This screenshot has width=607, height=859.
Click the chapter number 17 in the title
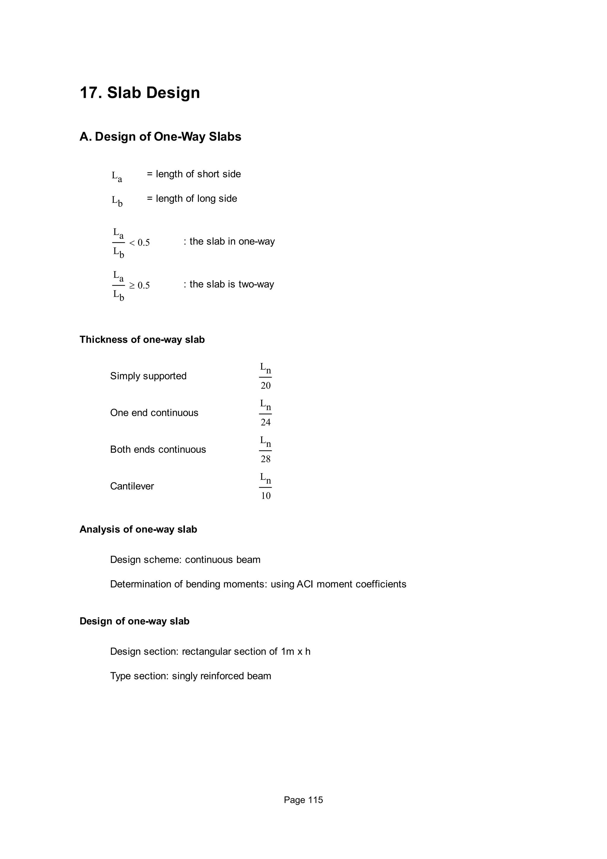[89, 93]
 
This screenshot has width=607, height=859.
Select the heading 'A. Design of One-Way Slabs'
[160, 137]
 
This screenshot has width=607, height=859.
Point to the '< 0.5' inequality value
[140, 243]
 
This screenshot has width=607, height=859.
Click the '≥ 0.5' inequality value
[140, 286]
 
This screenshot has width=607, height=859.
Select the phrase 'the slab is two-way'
[231, 284]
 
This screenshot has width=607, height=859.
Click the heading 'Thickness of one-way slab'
[142, 340]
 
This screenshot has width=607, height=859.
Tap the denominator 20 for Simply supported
[266, 386]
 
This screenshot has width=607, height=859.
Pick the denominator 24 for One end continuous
[266, 423]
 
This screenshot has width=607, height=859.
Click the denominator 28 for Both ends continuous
[266, 459]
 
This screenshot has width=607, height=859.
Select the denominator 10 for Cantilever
[266, 496]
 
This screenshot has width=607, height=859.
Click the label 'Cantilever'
[132, 486]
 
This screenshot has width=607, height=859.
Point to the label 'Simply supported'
[148, 376]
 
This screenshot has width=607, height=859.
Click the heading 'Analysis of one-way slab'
[138, 529]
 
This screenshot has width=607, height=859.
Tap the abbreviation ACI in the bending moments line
[304, 584]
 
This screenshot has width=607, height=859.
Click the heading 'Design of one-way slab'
[134, 621]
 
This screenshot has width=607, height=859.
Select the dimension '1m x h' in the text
[295, 652]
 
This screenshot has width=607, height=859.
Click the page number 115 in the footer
[315, 800]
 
